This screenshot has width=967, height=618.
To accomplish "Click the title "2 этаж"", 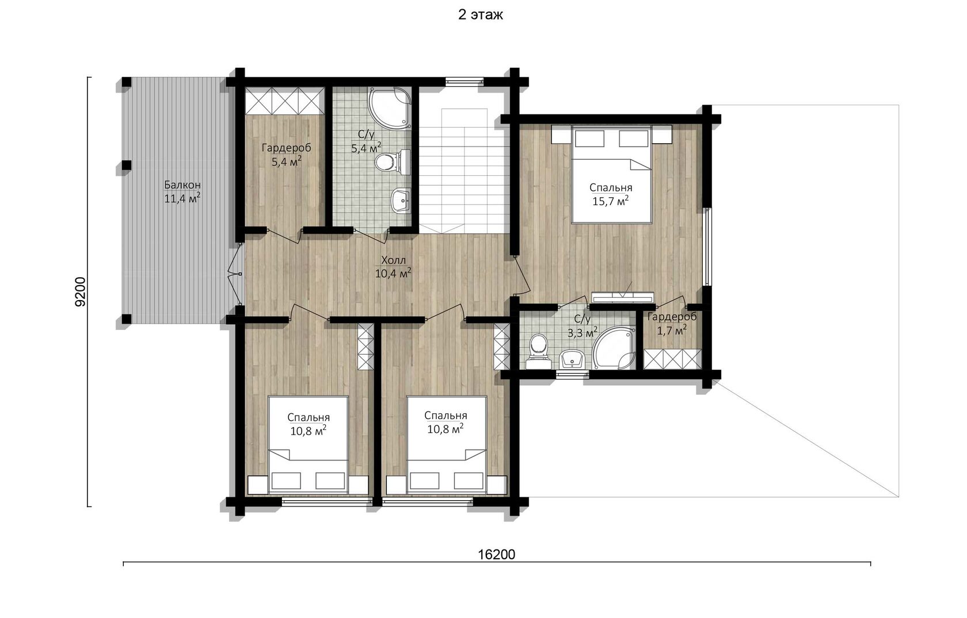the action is (x=480, y=15).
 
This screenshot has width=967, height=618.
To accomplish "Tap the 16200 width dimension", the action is (x=496, y=555).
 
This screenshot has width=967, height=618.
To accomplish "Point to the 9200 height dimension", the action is (x=81, y=291).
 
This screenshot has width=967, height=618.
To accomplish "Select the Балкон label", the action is (x=182, y=185).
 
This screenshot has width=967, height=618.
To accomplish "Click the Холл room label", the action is (x=393, y=260).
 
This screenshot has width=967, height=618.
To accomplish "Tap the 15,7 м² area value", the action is (x=610, y=201).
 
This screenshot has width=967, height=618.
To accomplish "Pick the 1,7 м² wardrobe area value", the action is (x=672, y=331).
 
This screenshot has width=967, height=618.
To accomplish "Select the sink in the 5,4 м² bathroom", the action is (x=401, y=201).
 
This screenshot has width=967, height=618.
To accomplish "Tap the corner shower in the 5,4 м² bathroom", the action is (x=389, y=108).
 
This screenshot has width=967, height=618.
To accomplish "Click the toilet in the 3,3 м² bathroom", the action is (x=538, y=351).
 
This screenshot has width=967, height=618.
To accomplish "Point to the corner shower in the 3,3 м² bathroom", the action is (x=614, y=348).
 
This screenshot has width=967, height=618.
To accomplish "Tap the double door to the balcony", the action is (x=235, y=274).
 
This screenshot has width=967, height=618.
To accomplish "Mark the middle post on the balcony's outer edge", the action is (x=126, y=165).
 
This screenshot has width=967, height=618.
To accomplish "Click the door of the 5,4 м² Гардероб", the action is (x=284, y=236).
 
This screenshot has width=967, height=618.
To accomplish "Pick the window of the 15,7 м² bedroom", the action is (x=707, y=247).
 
